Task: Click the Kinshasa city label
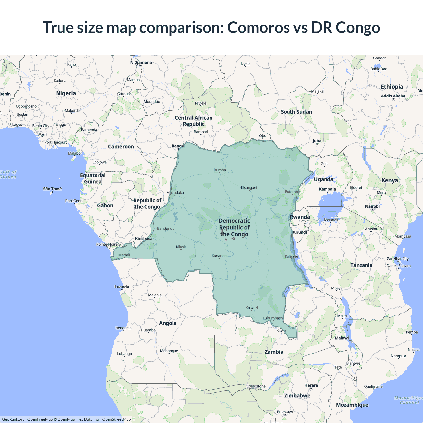click(144, 239)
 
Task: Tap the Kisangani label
click(249, 188)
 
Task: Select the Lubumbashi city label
click(273, 318)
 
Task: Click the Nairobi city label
click(372, 206)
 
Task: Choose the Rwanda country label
click(300, 217)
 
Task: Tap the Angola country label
click(168, 323)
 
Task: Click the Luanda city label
click(122, 287)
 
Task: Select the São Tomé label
click(53, 189)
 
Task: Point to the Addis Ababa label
click(393, 96)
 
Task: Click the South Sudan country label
click(296, 112)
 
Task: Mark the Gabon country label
click(105, 206)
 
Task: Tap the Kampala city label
click(327, 189)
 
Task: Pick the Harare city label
click(311, 385)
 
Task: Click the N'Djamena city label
click(141, 63)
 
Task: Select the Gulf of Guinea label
click(8, 174)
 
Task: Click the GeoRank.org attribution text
click(13, 419)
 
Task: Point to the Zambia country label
click(274, 352)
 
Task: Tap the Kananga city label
click(219, 256)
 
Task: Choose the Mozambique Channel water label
click(409, 400)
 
